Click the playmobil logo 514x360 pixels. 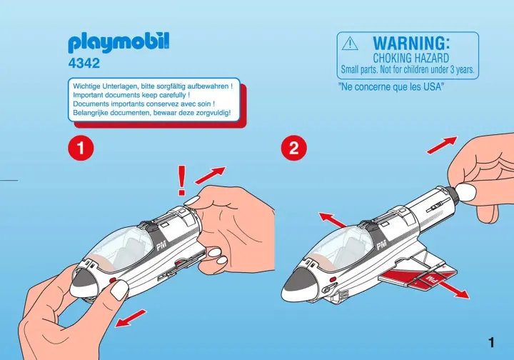[x=119, y=43]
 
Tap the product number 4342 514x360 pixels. [x=84, y=64]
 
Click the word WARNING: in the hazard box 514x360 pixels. [x=411, y=44]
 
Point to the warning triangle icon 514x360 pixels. [x=350, y=44]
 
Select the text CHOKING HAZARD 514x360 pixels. [x=411, y=59]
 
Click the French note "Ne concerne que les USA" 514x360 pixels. [x=391, y=87]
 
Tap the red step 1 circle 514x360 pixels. [x=81, y=148]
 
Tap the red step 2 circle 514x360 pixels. [x=294, y=148]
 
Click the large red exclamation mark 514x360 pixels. [x=181, y=181]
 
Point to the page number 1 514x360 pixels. [x=490, y=343]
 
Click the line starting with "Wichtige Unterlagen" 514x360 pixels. [x=153, y=86]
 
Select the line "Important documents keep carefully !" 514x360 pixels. [x=131, y=96]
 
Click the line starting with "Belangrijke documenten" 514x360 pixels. [x=152, y=113]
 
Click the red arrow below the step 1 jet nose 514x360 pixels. [x=131, y=319]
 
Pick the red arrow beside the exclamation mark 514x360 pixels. [x=210, y=176]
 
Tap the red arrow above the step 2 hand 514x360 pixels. [x=442, y=145]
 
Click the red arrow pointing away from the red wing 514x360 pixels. [x=453, y=289]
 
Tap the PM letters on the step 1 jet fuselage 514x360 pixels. [x=161, y=246]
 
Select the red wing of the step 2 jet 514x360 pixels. [x=418, y=275]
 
